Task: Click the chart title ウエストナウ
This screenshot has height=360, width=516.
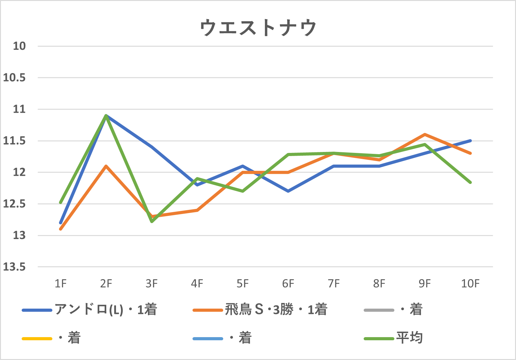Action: pos(258,28)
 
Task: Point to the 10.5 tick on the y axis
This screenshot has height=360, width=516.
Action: pos(14,78)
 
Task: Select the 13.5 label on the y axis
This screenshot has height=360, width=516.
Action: pos(14,267)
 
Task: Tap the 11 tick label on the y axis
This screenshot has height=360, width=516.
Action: pos(19,109)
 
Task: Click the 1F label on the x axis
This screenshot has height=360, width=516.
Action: pos(61,284)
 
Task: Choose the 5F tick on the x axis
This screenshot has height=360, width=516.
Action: pos(243,284)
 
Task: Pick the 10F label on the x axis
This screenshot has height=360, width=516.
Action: pos(470,284)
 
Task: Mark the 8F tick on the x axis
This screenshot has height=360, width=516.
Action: pos(379,284)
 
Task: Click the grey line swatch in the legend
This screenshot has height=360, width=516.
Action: pos(379,310)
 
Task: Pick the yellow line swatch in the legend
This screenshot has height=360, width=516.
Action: pos(37,338)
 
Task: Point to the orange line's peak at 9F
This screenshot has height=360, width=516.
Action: pos(425,134)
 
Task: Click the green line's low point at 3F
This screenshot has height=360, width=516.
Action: pos(152,222)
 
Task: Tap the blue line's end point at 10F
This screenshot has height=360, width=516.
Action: pos(470,141)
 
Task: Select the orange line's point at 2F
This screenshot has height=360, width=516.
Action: pos(106,166)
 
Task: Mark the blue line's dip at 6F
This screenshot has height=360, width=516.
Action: pos(288,191)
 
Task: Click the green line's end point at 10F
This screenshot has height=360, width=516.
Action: pos(470,182)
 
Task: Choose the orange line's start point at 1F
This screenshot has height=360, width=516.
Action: pos(61,229)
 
